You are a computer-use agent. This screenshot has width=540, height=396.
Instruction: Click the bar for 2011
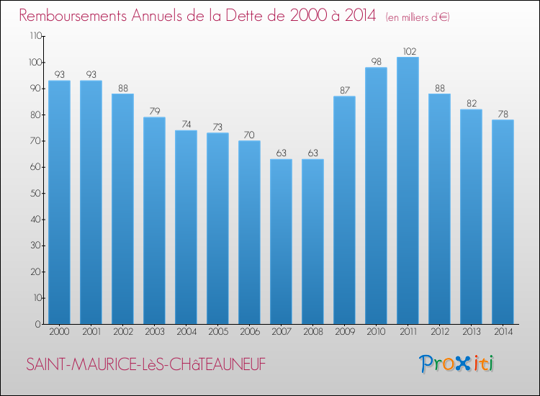[x=408, y=191]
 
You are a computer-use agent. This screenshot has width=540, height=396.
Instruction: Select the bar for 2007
[x=281, y=241]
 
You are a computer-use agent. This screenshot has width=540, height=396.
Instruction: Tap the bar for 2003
[x=154, y=220]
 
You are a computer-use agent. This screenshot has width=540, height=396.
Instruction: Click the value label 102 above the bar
[x=408, y=51]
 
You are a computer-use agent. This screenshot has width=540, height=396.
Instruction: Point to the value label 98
[x=376, y=62]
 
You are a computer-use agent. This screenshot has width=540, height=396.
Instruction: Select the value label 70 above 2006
[x=249, y=135]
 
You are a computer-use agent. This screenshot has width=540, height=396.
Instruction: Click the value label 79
[x=154, y=111]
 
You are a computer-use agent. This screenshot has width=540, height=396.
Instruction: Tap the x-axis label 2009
[x=344, y=331]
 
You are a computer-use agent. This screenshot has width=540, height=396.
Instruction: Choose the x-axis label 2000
[x=59, y=331]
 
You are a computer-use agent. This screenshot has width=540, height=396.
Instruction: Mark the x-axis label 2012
[x=439, y=331]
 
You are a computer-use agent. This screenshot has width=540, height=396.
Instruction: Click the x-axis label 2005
[x=217, y=331]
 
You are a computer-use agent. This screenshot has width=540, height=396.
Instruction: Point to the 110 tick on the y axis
[x=35, y=36]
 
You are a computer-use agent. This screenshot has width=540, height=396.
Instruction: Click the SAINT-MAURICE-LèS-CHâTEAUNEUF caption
[x=145, y=365]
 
